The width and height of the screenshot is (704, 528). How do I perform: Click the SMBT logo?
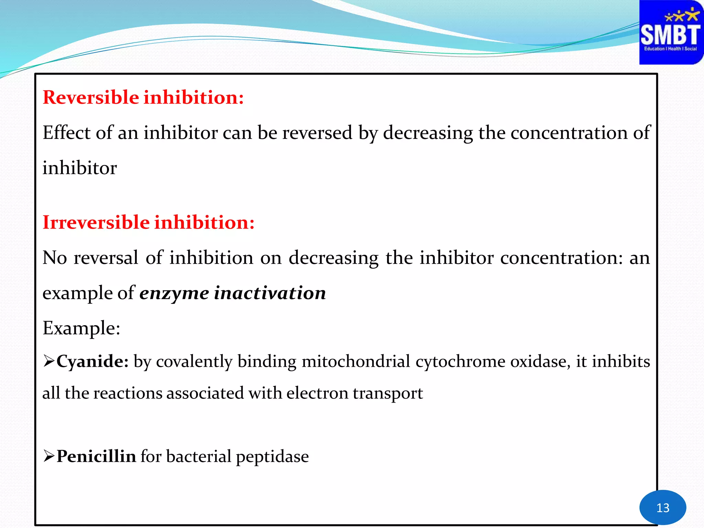tap(671, 32)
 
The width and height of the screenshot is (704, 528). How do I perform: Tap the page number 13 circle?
tap(662, 507)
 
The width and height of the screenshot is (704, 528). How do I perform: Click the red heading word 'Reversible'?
tap(91, 97)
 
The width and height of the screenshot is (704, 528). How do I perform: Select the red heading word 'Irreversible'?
tap(96, 222)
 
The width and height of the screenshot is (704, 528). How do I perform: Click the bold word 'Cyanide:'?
tap(92, 361)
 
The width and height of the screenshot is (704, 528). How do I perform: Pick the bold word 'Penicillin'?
tap(96, 456)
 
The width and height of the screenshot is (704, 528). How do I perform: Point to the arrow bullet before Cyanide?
tap(49, 361)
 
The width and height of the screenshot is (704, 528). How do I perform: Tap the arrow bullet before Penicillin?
tap(49, 456)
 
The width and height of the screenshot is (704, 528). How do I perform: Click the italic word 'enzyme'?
tap(174, 293)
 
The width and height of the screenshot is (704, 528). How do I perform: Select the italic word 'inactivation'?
tap(270, 293)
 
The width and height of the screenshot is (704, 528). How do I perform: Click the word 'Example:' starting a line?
tap(81, 328)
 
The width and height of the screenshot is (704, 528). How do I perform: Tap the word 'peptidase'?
tap(272, 457)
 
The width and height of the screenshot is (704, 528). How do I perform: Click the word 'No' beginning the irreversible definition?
tap(55, 257)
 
